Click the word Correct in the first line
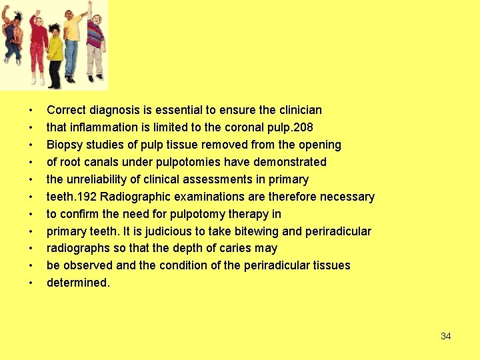coord(66,110)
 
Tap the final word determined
coord(78,283)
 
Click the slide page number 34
coord(446,336)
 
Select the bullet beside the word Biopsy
coord(30,145)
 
